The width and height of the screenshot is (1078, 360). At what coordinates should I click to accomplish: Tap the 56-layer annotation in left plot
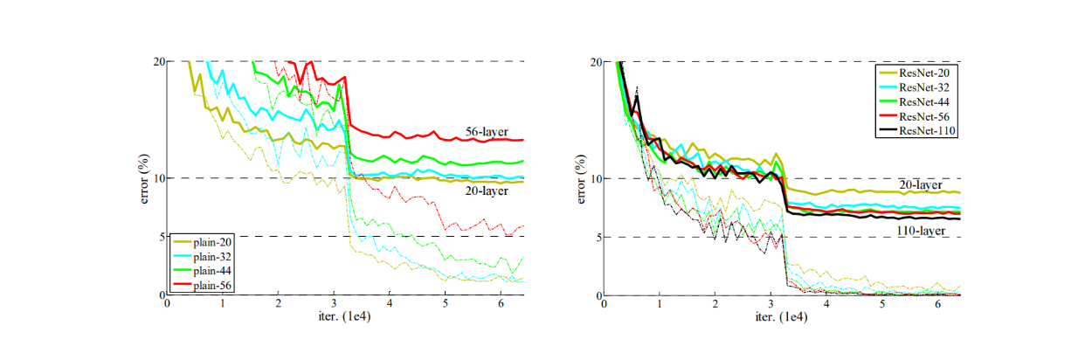(486, 132)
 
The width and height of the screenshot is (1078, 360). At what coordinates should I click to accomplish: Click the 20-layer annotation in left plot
(486, 190)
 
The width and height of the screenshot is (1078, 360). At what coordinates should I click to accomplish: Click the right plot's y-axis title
(587, 179)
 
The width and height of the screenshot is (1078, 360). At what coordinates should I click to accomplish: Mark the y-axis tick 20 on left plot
(159, 61)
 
